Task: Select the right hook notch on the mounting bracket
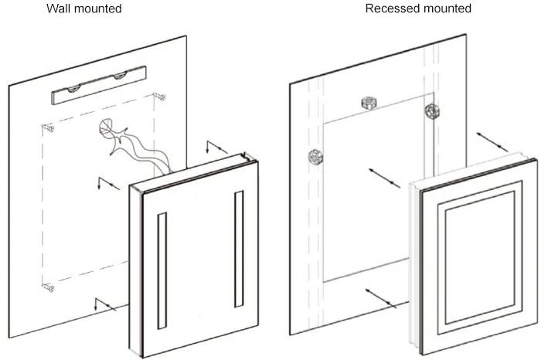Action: (121, 76)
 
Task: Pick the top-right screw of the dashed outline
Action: (160, 97)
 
